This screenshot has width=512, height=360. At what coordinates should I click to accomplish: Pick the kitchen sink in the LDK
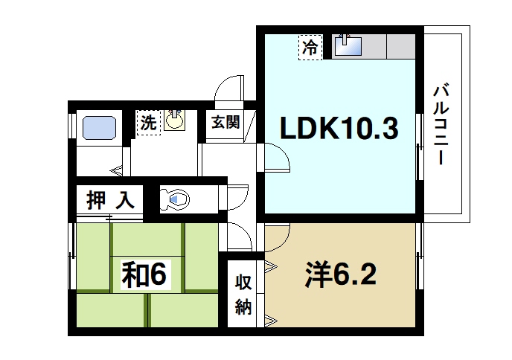pyautogui.click(x=348, y=46)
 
